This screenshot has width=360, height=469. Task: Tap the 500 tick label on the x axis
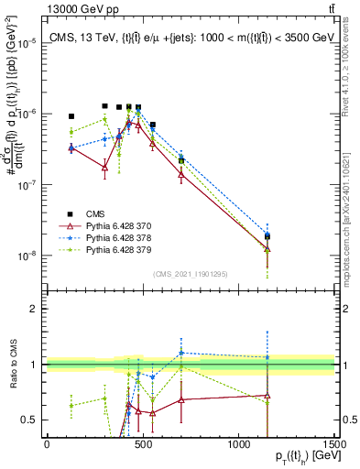[x=143, y=443]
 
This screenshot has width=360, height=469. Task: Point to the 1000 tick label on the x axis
[x=238, y=443]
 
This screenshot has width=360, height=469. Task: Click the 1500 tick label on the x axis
[x=333, y=443]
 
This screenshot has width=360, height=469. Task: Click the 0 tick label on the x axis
[x=47, y=443]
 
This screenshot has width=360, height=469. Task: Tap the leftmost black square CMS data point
[x=71, y=116]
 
